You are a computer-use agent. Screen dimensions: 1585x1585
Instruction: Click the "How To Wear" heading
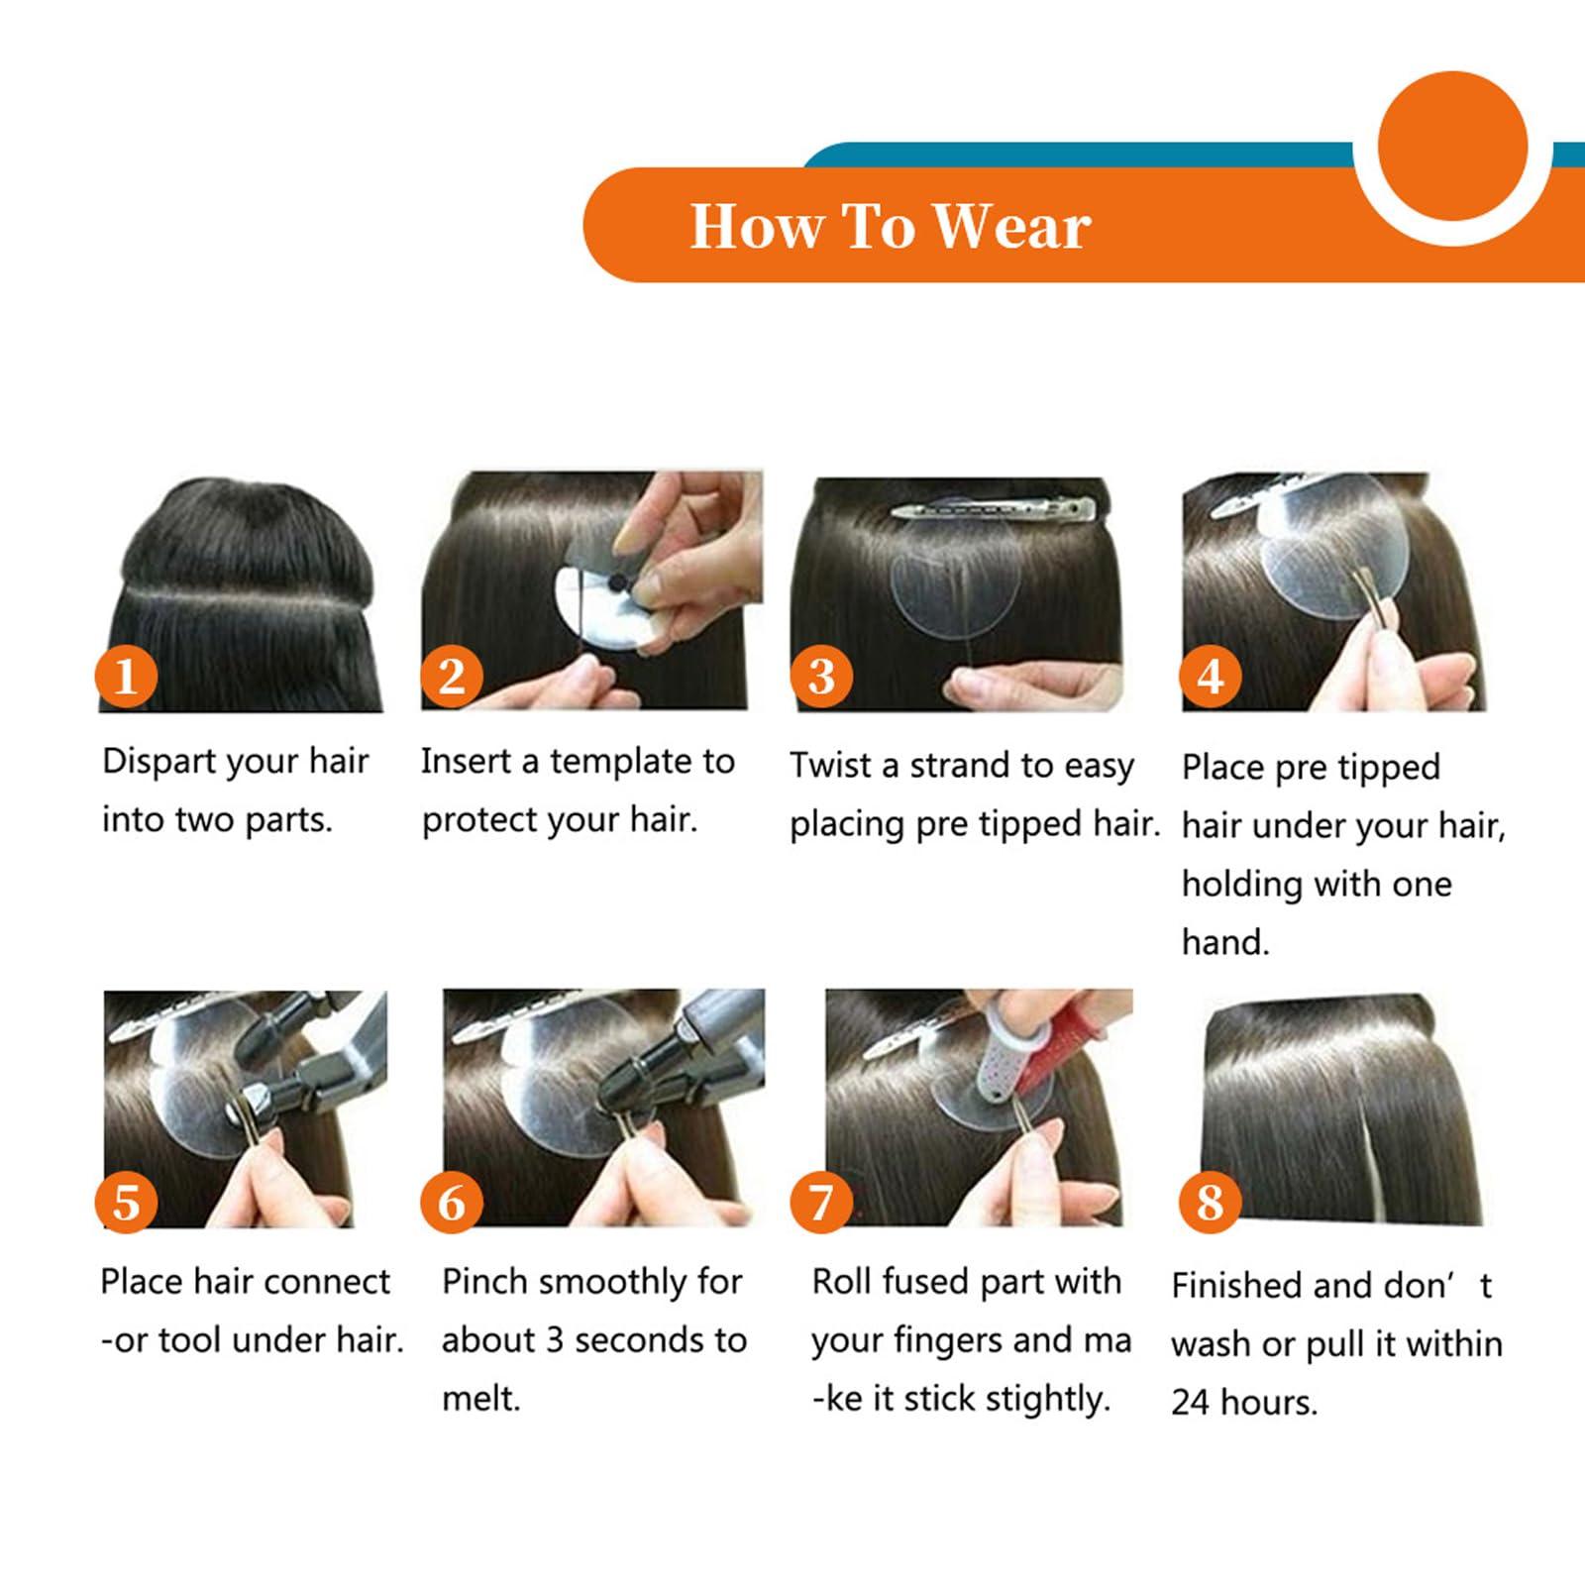tap(890, 226)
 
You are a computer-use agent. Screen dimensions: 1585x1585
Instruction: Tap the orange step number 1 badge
tap(126, 677)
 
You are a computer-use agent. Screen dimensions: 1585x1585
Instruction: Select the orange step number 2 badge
tap(452, 677)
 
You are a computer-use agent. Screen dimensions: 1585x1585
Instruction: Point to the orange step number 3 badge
tap(822, 677)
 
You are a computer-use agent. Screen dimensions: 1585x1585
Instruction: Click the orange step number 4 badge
tap(1210, 677)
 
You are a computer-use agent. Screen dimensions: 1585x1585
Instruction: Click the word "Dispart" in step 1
tap(159, 762)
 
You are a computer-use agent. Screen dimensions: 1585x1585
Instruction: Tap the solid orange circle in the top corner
tap(1451, 145)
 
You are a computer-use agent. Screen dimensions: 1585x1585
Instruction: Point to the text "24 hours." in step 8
tap(1244, 1403)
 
